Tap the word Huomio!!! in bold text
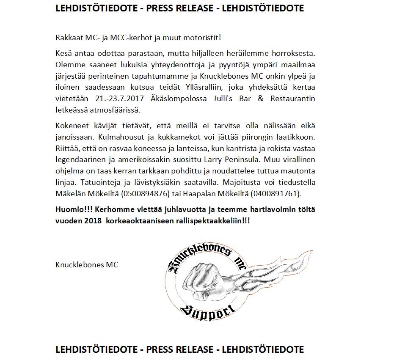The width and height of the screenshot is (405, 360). point(74,209)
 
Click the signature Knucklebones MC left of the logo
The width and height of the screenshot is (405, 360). point(87,265)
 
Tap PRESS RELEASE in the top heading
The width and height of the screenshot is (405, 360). point(179,9)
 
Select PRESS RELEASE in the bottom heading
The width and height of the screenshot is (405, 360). point(179,350)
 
